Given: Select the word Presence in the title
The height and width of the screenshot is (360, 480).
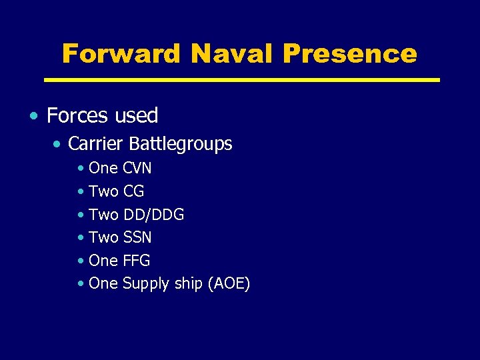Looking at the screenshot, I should click(349, 53).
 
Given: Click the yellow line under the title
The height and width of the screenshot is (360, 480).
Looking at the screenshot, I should click(241, 79).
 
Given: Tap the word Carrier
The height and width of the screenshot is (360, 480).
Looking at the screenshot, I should click(96, 143).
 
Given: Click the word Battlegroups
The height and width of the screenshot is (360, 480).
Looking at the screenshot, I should click(181, 144).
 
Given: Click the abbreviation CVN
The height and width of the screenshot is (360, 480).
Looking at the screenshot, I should click(137, 168).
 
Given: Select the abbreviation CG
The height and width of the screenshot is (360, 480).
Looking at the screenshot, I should click(133, 191).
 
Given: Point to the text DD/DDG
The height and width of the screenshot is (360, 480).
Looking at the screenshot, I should click(153, 215).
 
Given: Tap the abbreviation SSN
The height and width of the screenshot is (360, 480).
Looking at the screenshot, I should click(137, 237).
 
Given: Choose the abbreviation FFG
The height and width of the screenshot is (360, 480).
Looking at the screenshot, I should click(137, 260).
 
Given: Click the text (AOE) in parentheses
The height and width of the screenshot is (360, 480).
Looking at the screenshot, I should click(229, 283).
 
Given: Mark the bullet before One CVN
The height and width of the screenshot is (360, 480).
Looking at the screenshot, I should click(80, 169).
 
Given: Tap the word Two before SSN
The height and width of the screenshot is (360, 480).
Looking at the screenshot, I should click(103, 237).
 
